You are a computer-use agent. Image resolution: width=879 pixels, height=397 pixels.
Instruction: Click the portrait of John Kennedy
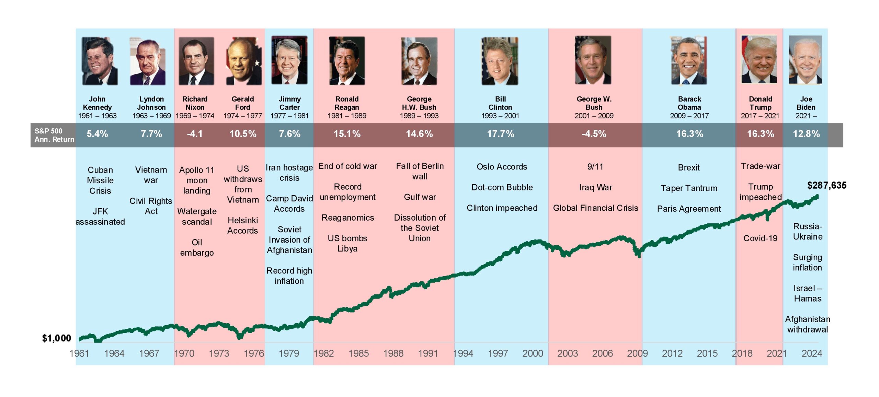pyautogui.click(x=100, y=61)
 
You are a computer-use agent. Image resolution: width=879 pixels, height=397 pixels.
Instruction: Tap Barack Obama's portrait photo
pyautogui.click(x=689, y=61)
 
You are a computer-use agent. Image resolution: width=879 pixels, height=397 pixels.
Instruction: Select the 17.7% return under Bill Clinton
pyautogui.click(x=500, y=134)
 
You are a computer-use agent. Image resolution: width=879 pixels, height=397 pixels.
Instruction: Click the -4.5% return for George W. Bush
pyautogui.click(x=594, y=134)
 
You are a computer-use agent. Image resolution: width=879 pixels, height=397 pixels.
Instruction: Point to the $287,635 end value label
pyautogui.click(x=826, y=186)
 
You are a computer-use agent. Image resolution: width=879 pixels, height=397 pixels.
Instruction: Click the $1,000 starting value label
pyautogui.click(x=56, y=338)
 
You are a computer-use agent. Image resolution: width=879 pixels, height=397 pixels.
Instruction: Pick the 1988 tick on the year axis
pyautogui.click(x=393, y=353)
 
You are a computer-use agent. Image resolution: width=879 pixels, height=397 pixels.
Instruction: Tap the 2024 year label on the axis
pyautogui.click(x=812, y=353)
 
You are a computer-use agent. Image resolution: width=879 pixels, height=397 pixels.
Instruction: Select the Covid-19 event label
pyautogui.click(x=760, y=238)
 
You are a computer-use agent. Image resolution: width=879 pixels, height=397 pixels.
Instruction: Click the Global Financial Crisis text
pyautogui.click(x=595, y=208)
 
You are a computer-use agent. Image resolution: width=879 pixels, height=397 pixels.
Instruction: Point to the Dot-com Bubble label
pyautogui.click(x=502, y=187)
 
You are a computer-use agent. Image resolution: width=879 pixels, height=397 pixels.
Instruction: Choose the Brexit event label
pyautogui.click(x=689, y=167)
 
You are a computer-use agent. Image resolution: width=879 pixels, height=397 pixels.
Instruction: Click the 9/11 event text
pyautogui.click(x=595, y=167)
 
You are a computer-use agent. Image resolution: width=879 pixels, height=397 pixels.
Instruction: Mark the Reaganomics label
pyautogui.click(x=347, y=218)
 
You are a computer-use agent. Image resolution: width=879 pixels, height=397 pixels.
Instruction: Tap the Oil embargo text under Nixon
pyautogui.click(x=197, y=247)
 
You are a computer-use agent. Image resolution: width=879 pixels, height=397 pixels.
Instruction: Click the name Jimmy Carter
pyautogui.click(x=289, y=103)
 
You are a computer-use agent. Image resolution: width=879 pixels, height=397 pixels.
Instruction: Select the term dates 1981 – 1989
pyautogui.click(x=347, y=116)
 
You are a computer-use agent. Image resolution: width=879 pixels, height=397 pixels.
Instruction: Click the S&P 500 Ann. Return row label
pyautogui.click(x=54, y=135)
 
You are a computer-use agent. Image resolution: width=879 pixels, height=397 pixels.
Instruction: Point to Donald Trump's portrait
pyautogui.click(x=759, y=60)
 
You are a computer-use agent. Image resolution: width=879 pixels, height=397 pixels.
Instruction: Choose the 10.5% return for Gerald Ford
pyautogui.click(x=243, y=134)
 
